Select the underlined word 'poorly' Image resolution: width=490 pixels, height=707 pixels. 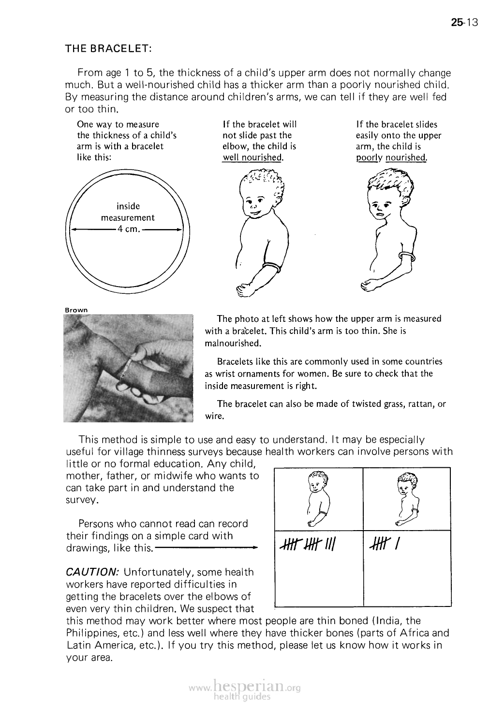[370, 158]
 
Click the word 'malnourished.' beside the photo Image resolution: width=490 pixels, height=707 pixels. [233, 344]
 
